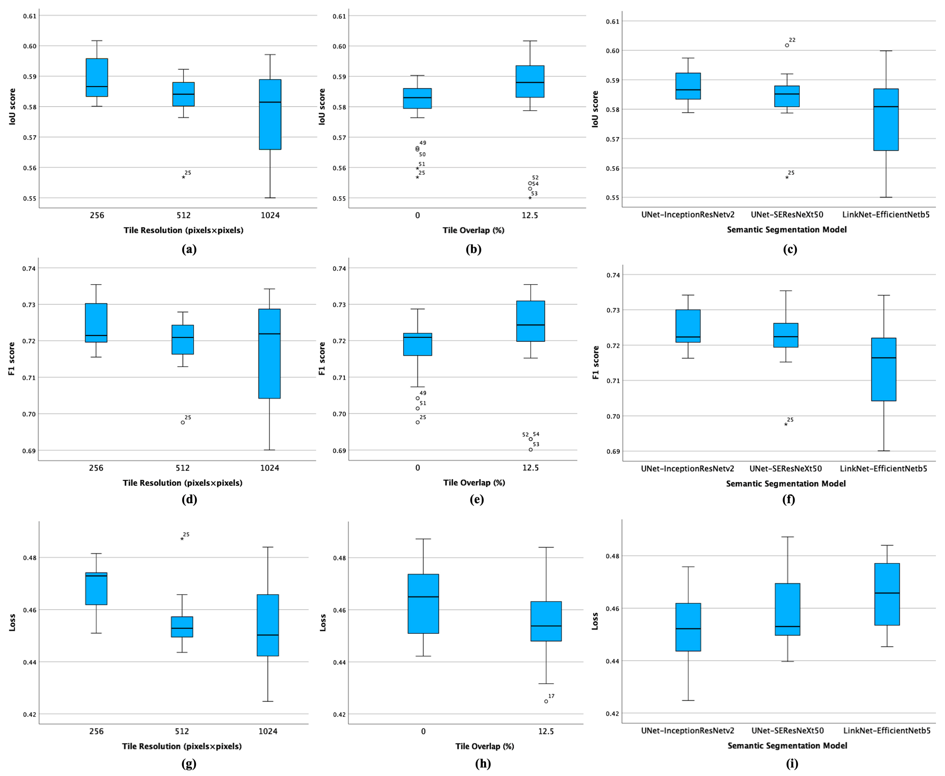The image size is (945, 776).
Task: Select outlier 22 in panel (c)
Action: (787, 45)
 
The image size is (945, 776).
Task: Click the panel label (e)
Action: (476, 499)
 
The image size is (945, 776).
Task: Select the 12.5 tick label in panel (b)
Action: (530, 215)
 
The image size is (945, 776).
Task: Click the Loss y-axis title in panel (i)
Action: (594, 621)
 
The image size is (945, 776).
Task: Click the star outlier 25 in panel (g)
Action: (182, 539)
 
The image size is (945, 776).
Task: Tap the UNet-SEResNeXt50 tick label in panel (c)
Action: (787, 215)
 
